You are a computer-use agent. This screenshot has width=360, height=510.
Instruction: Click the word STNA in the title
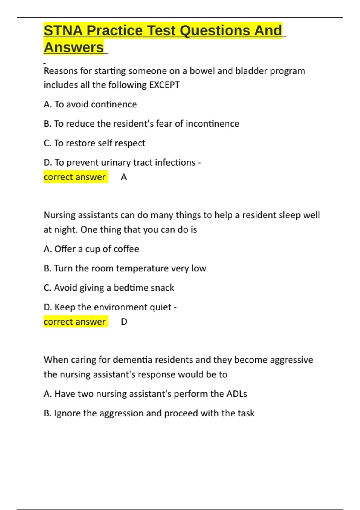[63, 31]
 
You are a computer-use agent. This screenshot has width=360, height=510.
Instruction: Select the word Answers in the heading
[74, 48]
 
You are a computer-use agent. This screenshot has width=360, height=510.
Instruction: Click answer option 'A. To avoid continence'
[90, 104]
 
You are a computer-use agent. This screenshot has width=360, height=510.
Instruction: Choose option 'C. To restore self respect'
[94, 143]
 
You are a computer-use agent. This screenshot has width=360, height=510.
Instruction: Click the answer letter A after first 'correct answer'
[124, 177]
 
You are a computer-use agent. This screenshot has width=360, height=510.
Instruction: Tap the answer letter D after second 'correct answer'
[124, 322]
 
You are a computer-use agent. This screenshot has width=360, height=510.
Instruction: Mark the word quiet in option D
[162, 307]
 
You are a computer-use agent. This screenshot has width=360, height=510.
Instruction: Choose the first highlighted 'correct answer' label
[75, 177]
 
